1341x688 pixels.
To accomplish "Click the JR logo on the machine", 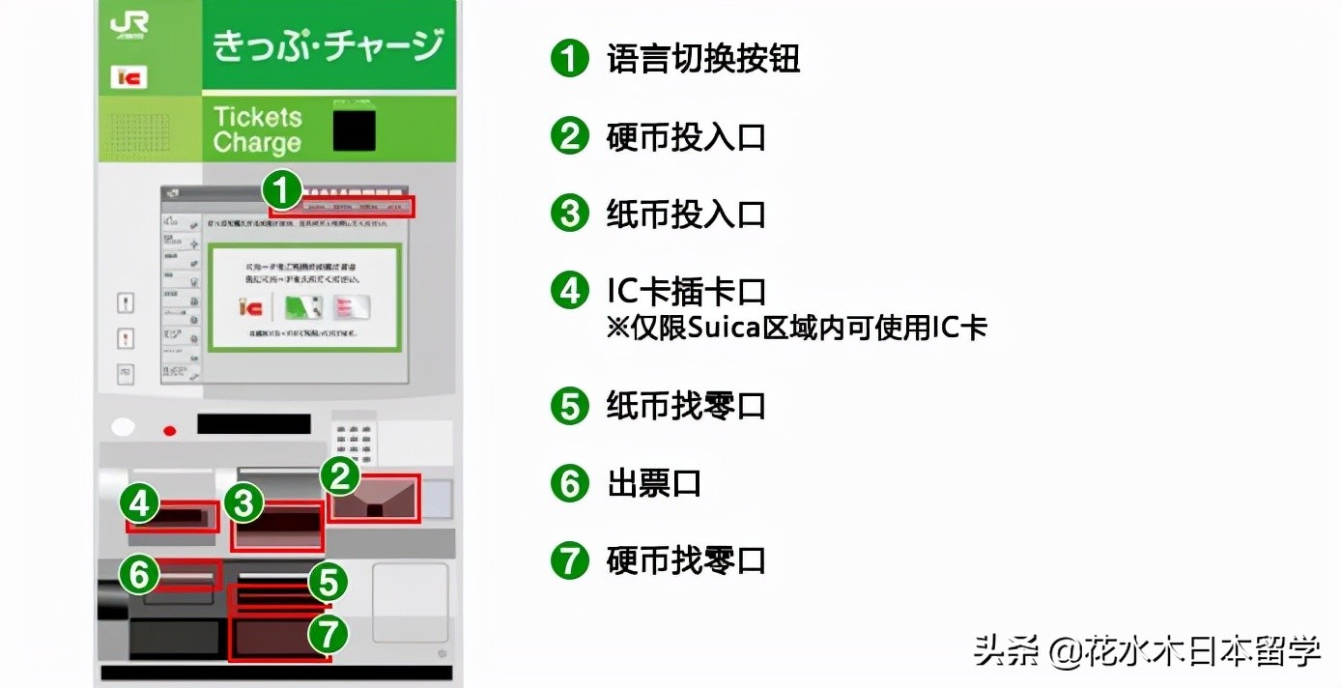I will (129, 26).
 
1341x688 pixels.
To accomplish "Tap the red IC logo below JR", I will (128, 77).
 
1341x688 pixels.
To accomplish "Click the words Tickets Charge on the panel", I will (257, 130).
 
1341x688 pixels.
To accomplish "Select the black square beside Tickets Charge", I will (354, 130).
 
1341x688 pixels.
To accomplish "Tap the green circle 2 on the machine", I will (340, 475).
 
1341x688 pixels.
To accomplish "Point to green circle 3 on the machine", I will (244, 503).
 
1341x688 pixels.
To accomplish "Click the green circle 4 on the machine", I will (141, 502).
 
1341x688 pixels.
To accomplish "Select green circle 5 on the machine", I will (328, 583).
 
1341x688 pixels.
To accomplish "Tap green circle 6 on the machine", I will (139, 576).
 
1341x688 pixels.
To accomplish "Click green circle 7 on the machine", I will (328, 635).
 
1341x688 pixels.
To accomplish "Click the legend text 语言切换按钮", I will (703, 60).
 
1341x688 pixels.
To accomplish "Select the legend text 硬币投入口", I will (686, 137).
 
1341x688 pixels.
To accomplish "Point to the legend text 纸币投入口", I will (686, 214).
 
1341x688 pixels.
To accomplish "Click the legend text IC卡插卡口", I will (686, 291).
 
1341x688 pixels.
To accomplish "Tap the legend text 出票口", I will (654, 483).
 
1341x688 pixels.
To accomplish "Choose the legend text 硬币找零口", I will (686, 560).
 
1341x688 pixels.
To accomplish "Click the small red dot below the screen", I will (170, 431).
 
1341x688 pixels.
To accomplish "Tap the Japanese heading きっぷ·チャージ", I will (328, 45).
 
